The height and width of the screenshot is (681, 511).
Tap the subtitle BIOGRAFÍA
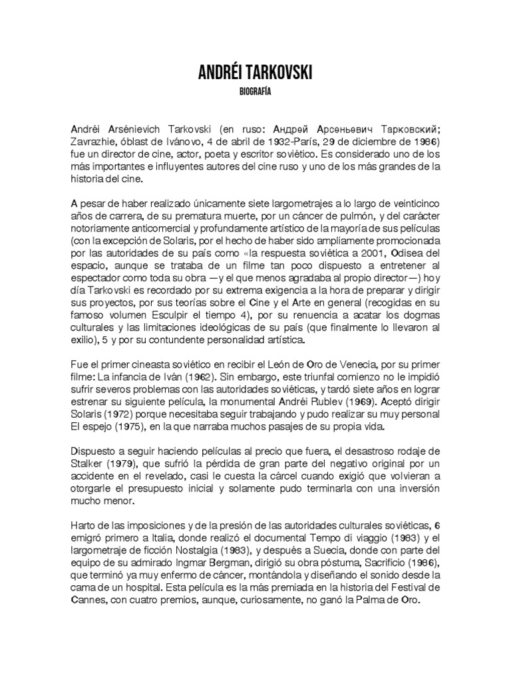255,92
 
